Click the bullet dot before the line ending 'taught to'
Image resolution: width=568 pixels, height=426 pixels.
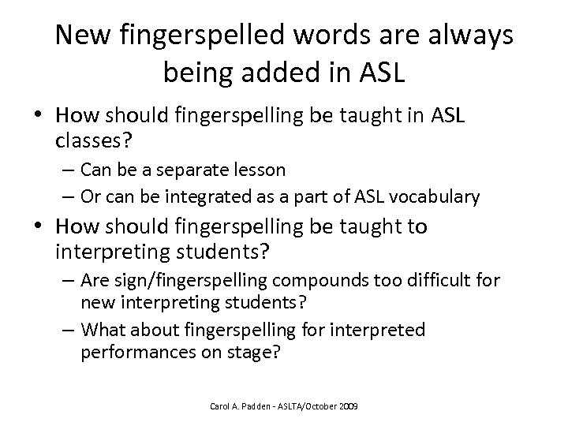[36, 227]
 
